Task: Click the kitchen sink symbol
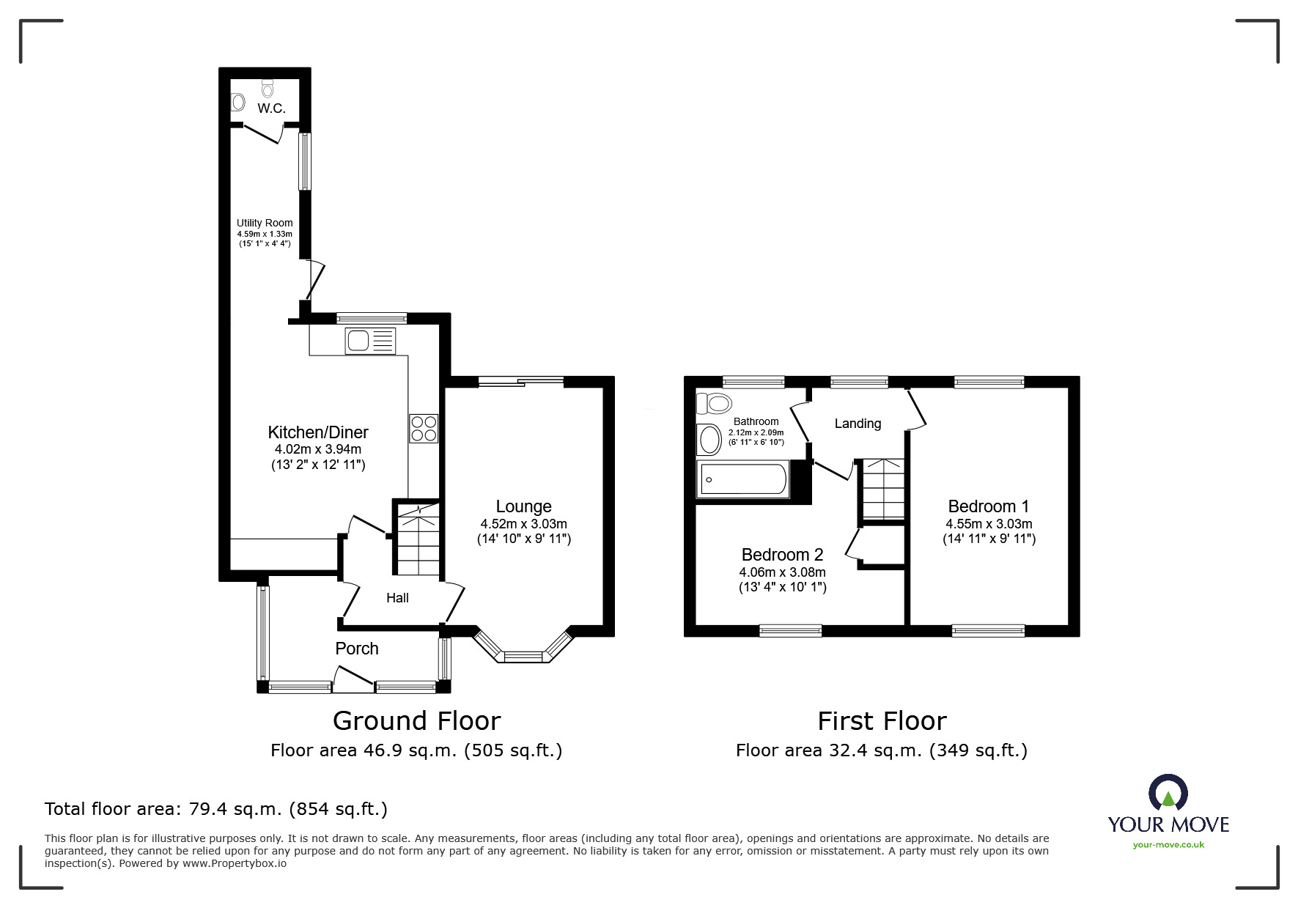click(x=370, y=341)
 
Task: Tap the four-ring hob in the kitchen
click(x=423, y=428)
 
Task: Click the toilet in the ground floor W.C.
click(x=268, y=89)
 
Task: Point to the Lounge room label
click(x=523, y=506)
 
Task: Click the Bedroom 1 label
click(x=988, y=506)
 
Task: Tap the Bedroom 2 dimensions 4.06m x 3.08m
click(x=782, y=572)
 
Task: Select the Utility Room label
click(x=265, y=223)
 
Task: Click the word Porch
click(x=357, y=649)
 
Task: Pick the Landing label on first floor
click(x=858, y=424)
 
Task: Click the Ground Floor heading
click(x=416, y=721)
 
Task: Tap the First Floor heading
click(x=882, y=721)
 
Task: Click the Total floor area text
click(x=216, y=809)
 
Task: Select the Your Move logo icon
click(x=1168, y=794)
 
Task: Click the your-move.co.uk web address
click(x=1168, y=845)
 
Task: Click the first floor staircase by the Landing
click(x=882, y=489)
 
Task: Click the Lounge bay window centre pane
click(x=523, y=656)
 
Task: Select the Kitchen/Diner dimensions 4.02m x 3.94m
click(x=317, y=449)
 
